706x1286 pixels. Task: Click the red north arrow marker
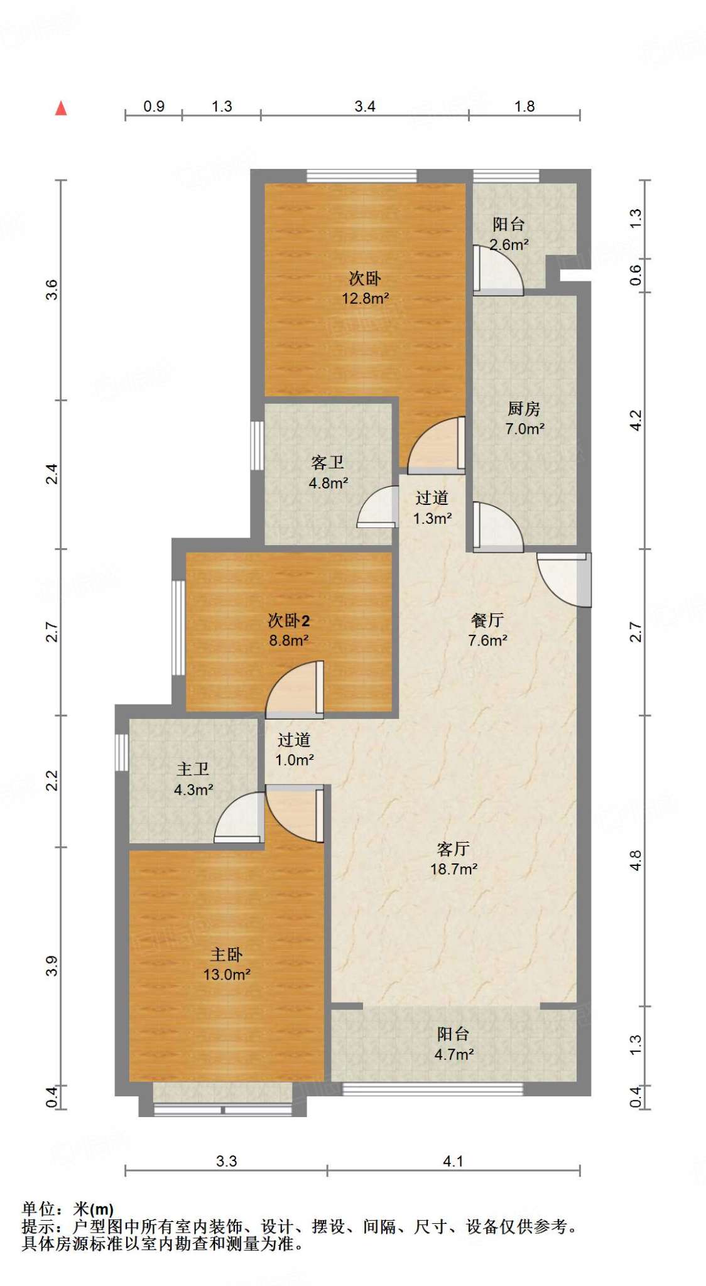[61, 108]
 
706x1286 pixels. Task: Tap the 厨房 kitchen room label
[524, 409]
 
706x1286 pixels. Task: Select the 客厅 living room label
[453, 849]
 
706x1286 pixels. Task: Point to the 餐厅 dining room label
[487, 620]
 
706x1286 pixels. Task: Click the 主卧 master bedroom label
[226, 954]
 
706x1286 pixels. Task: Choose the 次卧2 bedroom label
[289, 620]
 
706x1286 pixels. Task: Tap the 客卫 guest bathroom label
[328, 463]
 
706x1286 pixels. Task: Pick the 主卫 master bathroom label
[193, 769]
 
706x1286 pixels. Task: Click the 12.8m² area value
[365, 298]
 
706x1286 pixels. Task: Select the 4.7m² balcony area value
[454, 1054]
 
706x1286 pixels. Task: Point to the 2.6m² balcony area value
[509, 245]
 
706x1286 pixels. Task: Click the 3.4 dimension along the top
[365, 106]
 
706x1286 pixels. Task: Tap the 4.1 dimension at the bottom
[453, 1161]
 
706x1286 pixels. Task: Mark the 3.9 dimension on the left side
[53, 966]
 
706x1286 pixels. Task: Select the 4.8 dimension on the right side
[636, 860]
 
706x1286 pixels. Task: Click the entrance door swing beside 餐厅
[565, 579]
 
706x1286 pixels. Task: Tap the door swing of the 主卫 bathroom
[239, 817]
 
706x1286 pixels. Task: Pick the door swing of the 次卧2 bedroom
[295, 689]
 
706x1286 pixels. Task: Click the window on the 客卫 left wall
[257, 445]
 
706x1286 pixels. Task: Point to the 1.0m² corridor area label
[295, 760]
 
